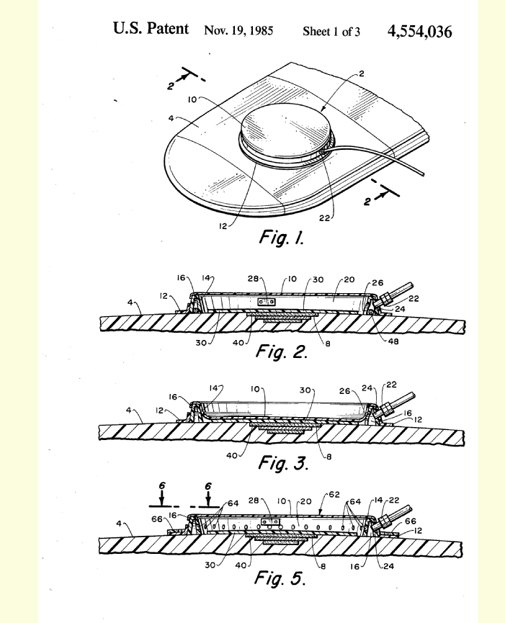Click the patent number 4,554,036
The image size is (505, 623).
pyautogui.click(x=420, y=32)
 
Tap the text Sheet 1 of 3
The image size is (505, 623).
pyautogui.click(x=331, y=32)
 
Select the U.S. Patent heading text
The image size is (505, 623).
pyautogui.click(x=151, y=30)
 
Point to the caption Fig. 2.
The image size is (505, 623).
pyautogui.click(x=281, y=353)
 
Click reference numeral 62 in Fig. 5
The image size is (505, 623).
pyautogui.click(x=334, y=496)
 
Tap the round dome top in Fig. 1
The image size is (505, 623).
pyautogui.click(x=285, y=126)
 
